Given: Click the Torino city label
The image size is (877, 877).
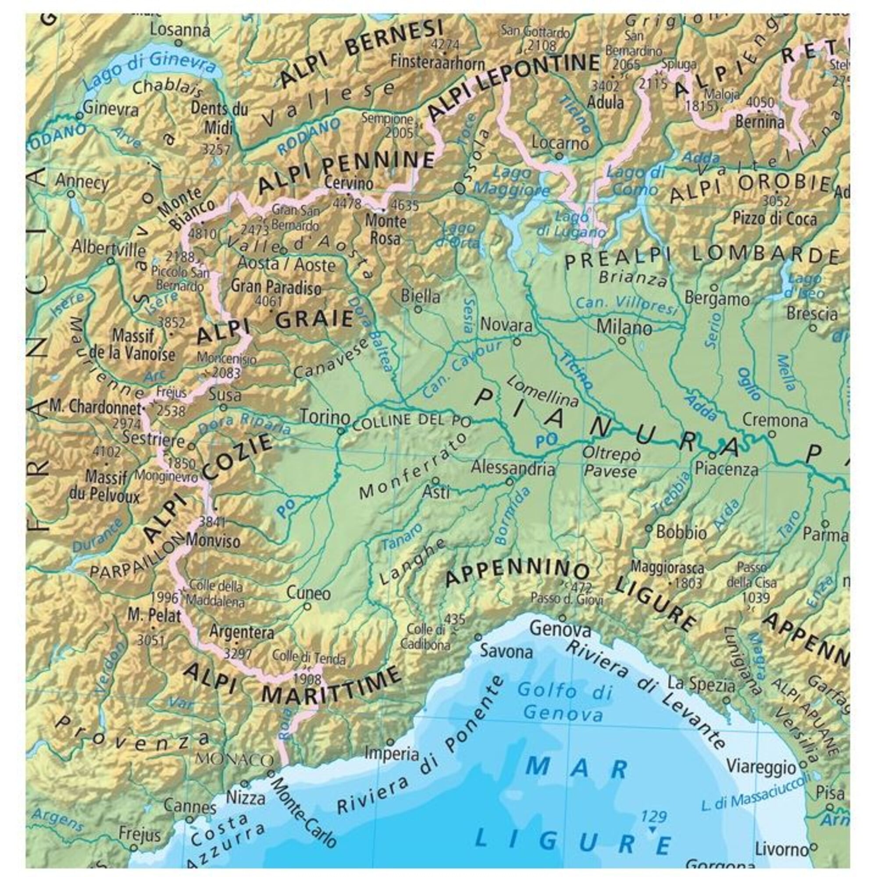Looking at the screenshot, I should click(325, 417).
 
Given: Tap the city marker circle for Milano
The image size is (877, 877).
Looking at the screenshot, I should click(622, 339).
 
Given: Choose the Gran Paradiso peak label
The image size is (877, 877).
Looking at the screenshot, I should click(275, 287).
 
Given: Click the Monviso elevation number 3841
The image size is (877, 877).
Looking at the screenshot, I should click(212, 521).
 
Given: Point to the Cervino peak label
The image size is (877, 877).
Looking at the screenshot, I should click(349, 183).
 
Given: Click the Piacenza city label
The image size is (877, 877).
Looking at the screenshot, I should click(726, 468).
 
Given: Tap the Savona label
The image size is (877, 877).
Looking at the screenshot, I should click(506, 652).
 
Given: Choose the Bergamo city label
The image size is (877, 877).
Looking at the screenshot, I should click(717, 299).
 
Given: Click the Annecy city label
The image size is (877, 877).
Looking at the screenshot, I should click(82, 182).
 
